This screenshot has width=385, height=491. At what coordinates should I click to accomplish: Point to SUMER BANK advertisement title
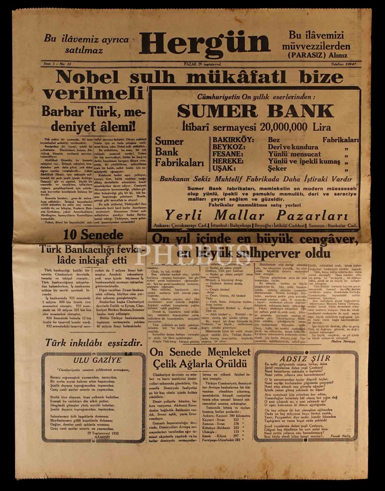coord(255,111)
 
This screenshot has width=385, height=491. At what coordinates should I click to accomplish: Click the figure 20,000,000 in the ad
coord(284,127)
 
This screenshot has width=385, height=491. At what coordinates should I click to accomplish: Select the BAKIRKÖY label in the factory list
coord(233,140)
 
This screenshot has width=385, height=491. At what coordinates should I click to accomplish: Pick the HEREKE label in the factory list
coord(228,161)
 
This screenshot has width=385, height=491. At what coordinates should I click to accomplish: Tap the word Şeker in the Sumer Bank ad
coord(277,169)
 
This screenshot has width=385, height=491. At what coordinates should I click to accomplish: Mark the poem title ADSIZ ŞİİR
coord(305,358)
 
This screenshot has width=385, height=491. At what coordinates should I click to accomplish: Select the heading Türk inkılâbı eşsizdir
coord(94,343)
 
